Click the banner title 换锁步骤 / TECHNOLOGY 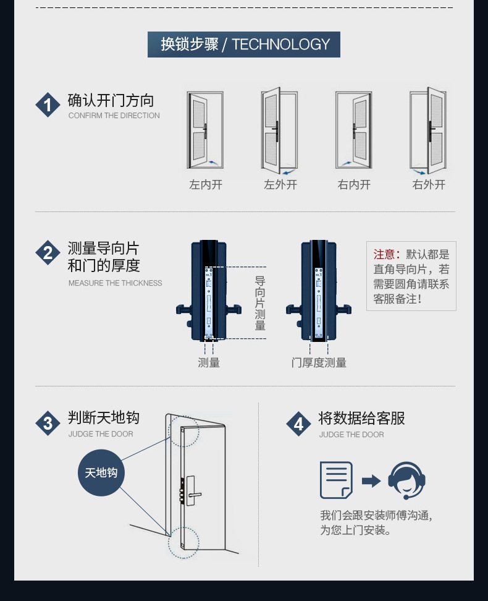pos(244,45)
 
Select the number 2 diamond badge pos(48,253)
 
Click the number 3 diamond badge pos(48,423)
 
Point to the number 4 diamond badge pos(299,424)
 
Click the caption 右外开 pos(429,184)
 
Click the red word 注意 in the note pos(384,255)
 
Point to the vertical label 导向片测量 pos(260,303)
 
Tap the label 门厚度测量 pos(319,363)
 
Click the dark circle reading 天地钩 pos(101,473)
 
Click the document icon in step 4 pos(336,480)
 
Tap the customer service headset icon pos(406,480)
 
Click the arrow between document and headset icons pos(371,480)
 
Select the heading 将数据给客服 pos(361,419)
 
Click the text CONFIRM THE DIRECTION pos(114,116)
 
